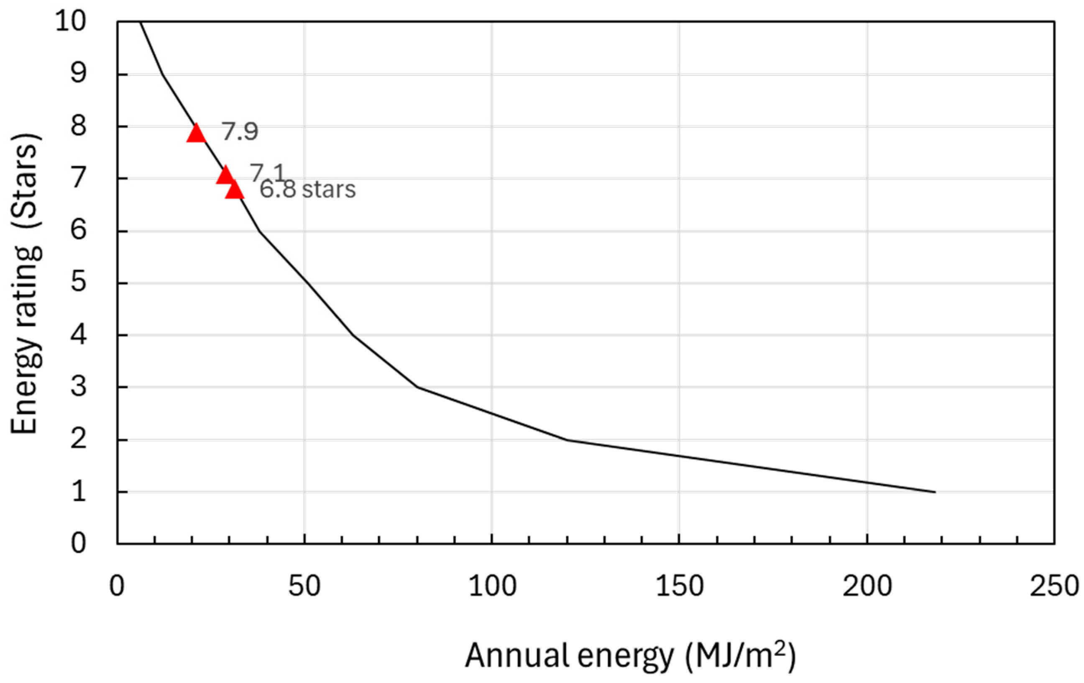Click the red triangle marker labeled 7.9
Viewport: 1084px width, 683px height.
pos(196,134)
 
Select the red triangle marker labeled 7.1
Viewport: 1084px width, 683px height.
pos(225,175)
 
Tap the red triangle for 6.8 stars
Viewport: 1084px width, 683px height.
pos(235,190)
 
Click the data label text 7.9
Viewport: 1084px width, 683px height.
pos(240,132)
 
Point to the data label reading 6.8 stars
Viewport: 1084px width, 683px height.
pos(308,189)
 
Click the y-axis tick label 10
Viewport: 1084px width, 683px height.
pos(71,21)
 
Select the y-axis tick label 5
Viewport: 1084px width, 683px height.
pos(78,283)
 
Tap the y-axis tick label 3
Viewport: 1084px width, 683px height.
pos(78,387)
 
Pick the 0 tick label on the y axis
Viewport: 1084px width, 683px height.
pos(78,543)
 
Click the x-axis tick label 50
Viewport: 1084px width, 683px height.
pos(304,587)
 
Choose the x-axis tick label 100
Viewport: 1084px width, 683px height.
pos(492,587)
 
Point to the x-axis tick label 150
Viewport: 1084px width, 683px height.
pos(679,587)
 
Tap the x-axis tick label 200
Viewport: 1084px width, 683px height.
pos(867,587)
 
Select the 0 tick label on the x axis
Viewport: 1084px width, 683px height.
pos(117,587)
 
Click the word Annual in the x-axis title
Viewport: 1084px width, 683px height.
pos(518,656)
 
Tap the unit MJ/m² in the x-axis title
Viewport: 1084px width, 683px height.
pos(741,656)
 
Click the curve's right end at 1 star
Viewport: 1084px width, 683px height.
pos(935,492)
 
